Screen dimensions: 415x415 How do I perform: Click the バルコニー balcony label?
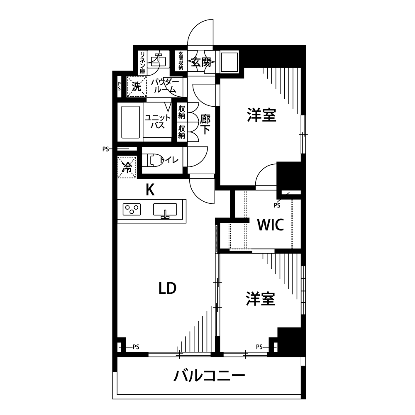coord(209,376)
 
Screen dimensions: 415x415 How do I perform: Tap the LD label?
coord(168,288)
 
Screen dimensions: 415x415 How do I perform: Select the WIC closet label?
coord(271,225)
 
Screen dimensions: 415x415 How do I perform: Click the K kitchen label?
coord(150,190)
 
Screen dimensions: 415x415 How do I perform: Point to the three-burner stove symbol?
coord(132,209)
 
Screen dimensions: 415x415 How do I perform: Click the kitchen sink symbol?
coord(165,210)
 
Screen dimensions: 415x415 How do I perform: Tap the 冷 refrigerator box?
coord(127,167)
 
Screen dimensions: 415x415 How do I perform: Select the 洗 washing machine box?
coord(137,86)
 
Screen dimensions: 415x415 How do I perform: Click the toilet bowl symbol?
coord(153,160)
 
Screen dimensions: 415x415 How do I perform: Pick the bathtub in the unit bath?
coord(130,122)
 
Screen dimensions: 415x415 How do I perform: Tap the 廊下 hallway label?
coord(205,124)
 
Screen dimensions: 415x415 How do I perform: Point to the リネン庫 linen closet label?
coord(143,63)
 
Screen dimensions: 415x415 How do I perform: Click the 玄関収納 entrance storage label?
coord(181,61)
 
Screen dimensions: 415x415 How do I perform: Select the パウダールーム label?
coord(165,85)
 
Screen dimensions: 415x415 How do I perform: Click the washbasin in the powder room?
coord(158,60)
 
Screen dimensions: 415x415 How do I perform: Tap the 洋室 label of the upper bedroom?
coord(261,115)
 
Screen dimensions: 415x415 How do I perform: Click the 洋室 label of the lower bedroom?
coord(261,298)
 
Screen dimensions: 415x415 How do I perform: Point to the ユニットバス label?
coord(157,122)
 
